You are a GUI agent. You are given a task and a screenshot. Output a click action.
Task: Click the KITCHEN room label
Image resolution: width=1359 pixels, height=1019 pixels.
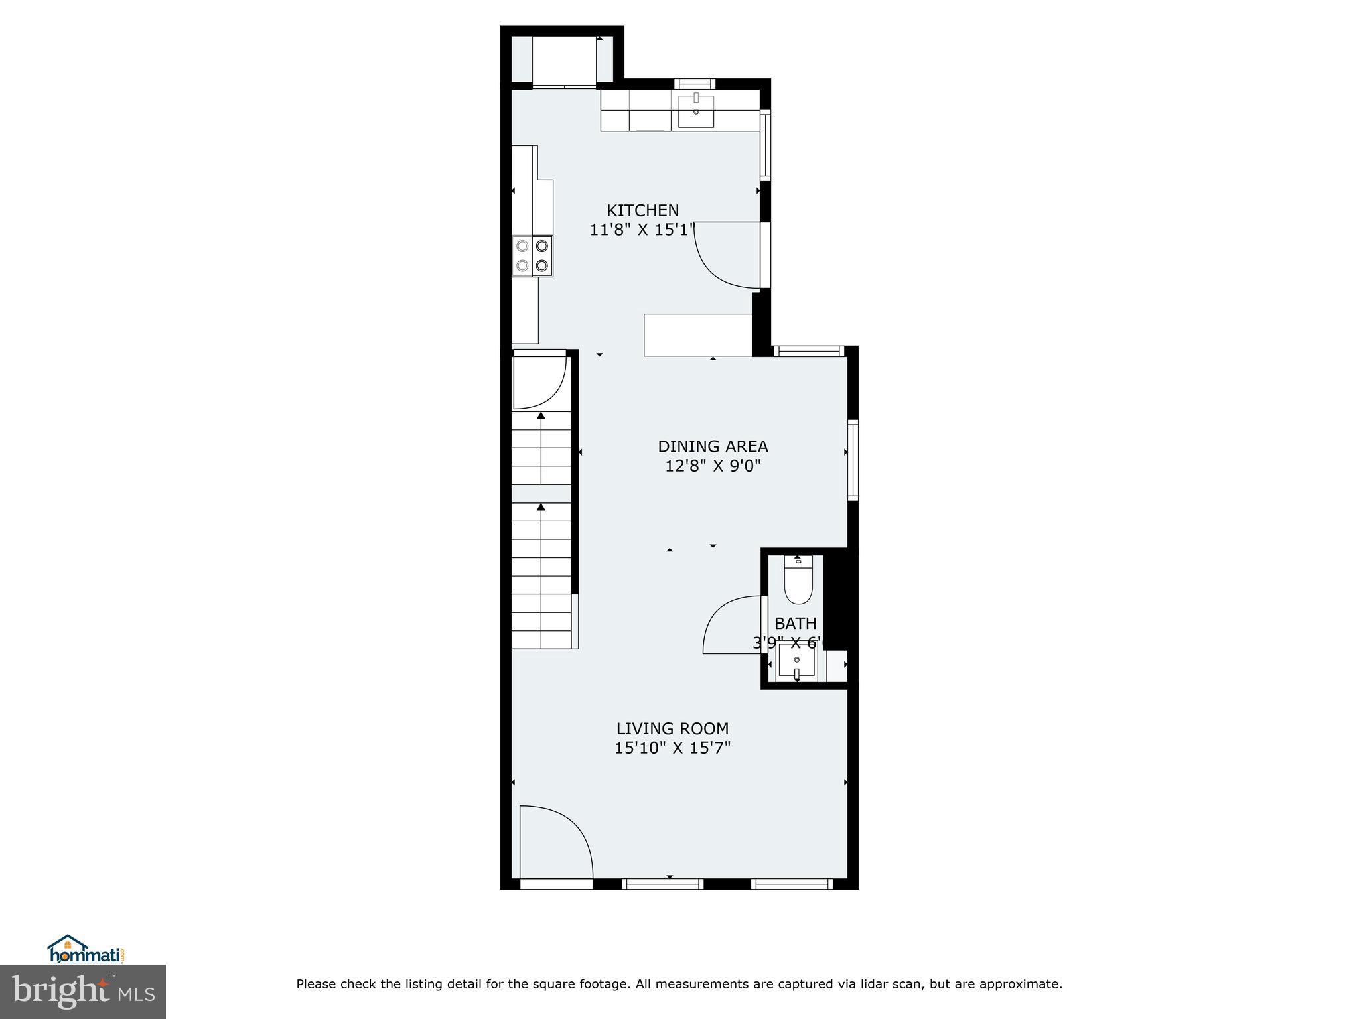642,210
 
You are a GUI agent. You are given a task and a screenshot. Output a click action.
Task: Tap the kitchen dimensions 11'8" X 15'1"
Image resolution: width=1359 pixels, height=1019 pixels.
642,230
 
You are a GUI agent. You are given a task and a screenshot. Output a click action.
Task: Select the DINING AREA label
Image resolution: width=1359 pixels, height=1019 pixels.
713,446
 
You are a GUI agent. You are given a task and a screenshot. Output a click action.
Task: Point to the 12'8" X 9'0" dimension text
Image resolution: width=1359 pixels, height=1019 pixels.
713,466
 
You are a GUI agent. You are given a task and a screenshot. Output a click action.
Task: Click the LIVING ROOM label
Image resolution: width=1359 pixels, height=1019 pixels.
672,728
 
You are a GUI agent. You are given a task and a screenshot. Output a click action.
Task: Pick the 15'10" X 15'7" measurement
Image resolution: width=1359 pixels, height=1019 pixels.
672,748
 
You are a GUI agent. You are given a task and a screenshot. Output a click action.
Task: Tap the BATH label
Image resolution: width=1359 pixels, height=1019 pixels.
796,624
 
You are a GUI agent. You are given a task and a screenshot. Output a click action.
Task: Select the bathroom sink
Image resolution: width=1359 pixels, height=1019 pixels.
796,661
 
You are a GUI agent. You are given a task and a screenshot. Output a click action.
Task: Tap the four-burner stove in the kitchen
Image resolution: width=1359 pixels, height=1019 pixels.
533,256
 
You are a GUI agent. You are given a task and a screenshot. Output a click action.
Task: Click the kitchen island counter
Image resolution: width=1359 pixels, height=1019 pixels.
697,335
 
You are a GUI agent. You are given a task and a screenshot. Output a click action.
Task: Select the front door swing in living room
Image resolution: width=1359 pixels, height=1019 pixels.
555,843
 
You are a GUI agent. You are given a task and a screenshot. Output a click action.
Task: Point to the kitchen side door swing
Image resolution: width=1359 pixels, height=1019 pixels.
727,255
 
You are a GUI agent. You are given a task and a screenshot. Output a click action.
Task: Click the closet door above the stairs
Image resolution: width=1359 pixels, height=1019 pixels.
539,383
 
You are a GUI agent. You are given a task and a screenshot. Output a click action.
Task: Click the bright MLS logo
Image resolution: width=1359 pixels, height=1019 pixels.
83,991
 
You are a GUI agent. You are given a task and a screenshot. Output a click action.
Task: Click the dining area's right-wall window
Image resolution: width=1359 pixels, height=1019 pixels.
853,460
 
